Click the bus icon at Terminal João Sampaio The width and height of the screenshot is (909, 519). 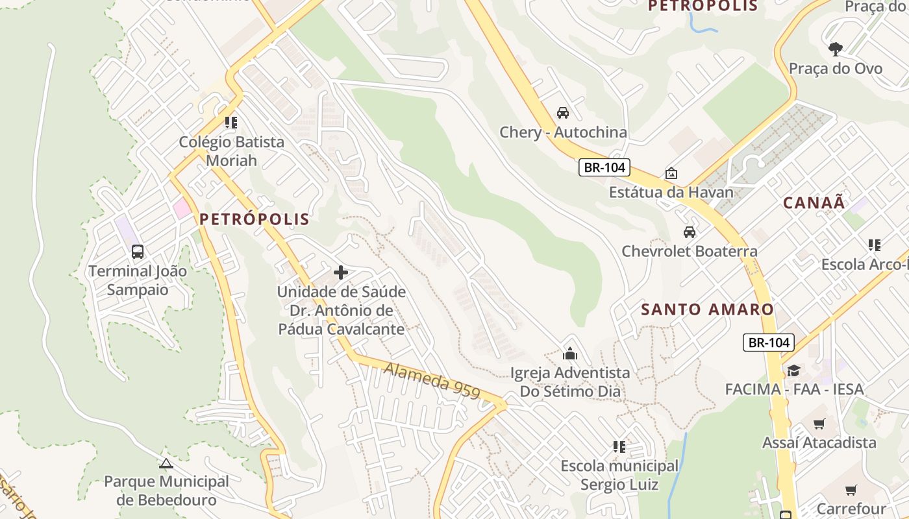[138, 251]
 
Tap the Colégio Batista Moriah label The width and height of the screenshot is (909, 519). [232, 151]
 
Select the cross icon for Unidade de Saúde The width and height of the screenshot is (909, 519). [341, 272]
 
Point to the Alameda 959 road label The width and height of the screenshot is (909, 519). [432, 381]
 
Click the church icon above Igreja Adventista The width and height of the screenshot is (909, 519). [570, 354]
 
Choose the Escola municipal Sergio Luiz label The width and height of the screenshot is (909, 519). [619, 475]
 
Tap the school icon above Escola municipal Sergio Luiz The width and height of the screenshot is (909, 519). [619, 446]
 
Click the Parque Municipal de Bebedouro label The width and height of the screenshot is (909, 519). [167, 491]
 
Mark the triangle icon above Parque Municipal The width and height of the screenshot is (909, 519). [166, 463]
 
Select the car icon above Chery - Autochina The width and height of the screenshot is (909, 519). [563, 112]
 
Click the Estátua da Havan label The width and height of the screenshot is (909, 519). [671, 193]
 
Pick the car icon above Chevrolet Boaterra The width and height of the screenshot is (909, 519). [690, 232]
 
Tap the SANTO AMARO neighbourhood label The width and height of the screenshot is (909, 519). [708, 309]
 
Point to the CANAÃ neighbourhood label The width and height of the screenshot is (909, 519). [814, 203]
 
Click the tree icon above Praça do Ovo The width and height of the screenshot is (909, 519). [836, 49]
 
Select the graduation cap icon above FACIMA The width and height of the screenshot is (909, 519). [793, 370]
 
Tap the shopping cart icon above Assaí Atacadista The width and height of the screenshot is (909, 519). [819, 424]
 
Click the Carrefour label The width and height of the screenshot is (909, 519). [851, 509]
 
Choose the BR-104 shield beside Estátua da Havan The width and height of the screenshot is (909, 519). [604, 167]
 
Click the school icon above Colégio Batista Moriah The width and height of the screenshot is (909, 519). [231, 122]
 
